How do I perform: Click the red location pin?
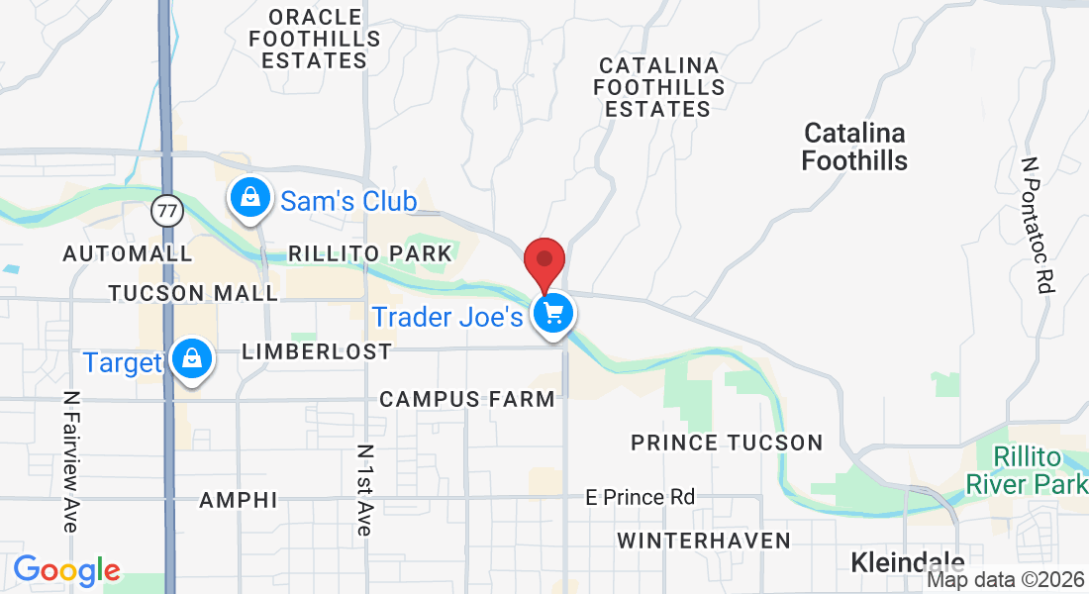(544, 261)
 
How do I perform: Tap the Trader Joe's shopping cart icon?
(553, 315)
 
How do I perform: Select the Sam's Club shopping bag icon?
(251, 198)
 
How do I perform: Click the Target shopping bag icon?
(190, 359)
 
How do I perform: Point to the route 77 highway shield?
(167, 210)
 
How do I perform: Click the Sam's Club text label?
(348, 201)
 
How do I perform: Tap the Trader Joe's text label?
(446, 317)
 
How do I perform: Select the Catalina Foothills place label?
(855, 147)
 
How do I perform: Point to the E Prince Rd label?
(640, 497)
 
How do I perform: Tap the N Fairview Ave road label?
(69, 460)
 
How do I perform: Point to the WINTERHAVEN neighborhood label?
(703, 541)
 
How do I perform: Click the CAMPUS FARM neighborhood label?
(467, 399)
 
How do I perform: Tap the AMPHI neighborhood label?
(239, 500)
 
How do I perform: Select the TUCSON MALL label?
(194, 293)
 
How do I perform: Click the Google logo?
(66, 569)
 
